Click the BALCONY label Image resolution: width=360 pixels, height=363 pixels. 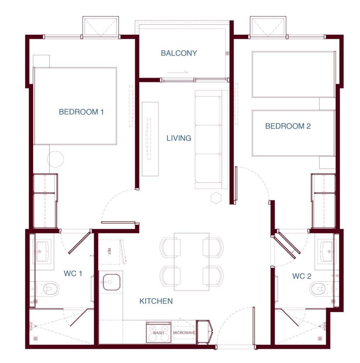pos(179,53)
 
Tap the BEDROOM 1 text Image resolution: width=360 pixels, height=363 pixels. pos(81,112)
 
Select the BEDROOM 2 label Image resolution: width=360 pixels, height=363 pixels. pos(288,126)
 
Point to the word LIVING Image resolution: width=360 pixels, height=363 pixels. pos(179,138)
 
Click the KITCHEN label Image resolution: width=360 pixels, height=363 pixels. pos(156,301)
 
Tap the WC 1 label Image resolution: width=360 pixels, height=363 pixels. pos(73,273)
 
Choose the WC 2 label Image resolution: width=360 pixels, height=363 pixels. pos(301,276)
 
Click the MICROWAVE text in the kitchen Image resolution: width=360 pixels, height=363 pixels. pos(184,333)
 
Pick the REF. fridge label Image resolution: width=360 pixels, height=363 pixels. pos(109,252)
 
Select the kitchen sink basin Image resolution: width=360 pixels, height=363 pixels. pos(111,282)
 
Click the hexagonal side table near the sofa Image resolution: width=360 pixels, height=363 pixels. pos(216,198)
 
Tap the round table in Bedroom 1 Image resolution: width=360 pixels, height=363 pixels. pos(55,159)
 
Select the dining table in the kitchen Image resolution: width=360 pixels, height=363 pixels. pos(192,262)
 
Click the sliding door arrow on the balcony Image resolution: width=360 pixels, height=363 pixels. pos(177,72)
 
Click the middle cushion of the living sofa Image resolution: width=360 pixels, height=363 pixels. pos(207,140)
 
